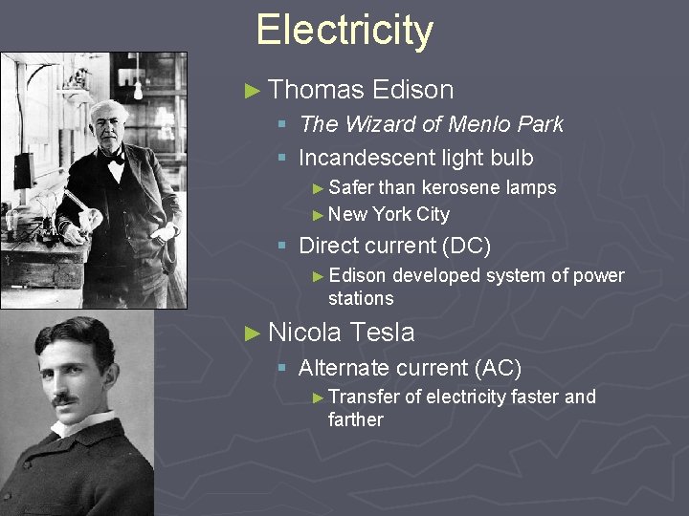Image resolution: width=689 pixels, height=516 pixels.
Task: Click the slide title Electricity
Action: tap(344, 30)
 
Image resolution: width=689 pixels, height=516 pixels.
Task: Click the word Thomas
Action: tap(317, 90)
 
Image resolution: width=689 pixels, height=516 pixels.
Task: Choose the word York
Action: tap(392, 214)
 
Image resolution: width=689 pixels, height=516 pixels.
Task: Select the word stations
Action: tap(361, 298)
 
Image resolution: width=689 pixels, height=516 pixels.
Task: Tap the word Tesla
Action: tap(382, 333)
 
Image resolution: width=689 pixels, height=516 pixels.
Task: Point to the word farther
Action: tap(355, 419)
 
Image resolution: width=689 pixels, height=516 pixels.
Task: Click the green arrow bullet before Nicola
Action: tap(253, 333)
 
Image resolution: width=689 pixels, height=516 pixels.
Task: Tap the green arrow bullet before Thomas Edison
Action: tap(253, 91)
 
